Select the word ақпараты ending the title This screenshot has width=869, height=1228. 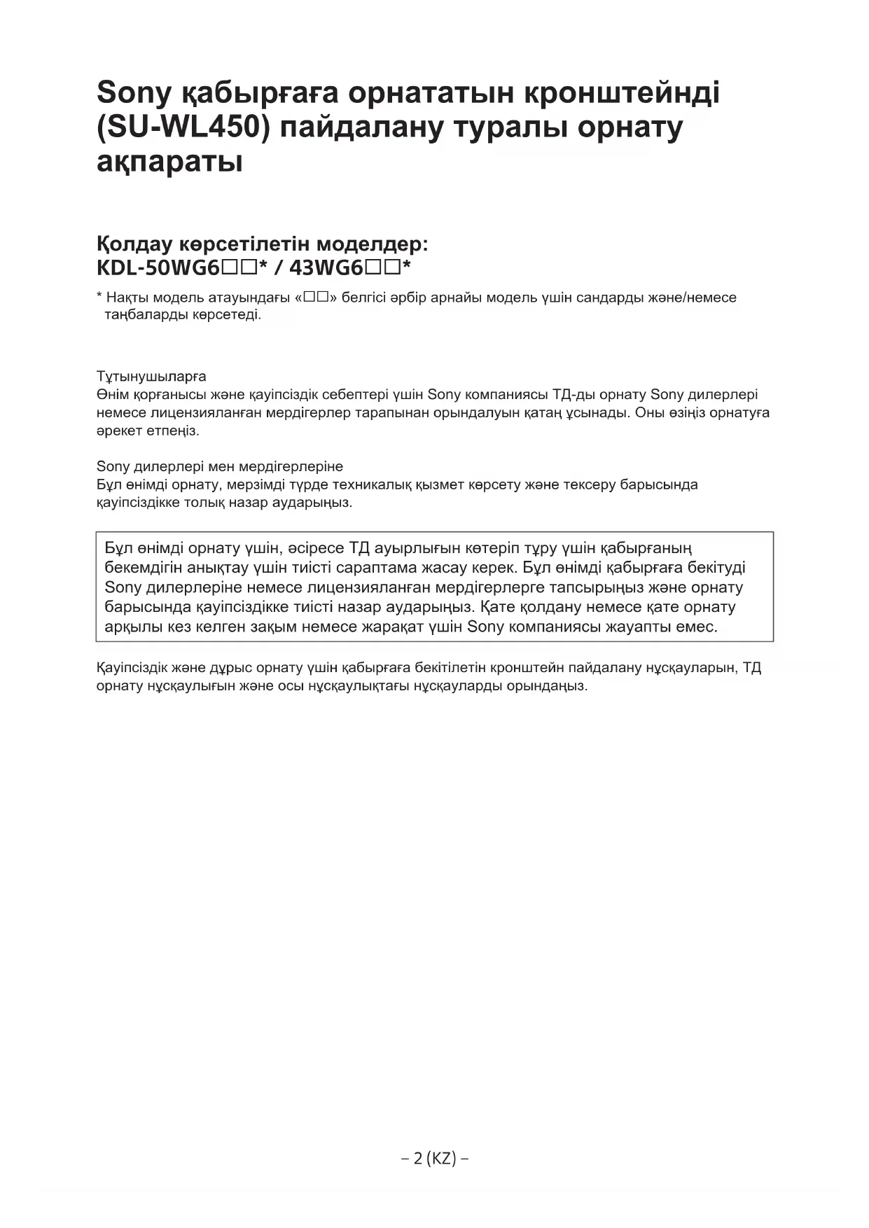coord(169,163)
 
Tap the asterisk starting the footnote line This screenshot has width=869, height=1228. coord(99,297)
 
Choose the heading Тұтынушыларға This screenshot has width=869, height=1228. coord(151,377)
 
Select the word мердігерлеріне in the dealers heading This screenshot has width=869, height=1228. coord(292,466)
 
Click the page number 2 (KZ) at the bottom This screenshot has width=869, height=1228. coord(435,1159)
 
